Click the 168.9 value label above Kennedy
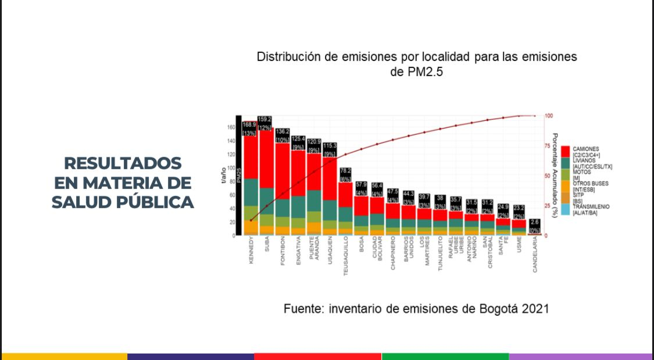click(x=249, y=124)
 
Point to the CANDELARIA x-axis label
click(x=535, y=255)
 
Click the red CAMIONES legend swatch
click(x=565, y=150)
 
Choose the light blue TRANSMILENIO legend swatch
click(x=565, y=206)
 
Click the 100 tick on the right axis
click(x=549, y=116)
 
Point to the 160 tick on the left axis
click(x=230, y=127)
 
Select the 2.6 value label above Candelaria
click(x=535, y=222)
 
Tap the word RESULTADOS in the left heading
click(x=123, y=163)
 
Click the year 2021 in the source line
click(x=535, y=309)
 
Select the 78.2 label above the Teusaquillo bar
click(x=345, y=171)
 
